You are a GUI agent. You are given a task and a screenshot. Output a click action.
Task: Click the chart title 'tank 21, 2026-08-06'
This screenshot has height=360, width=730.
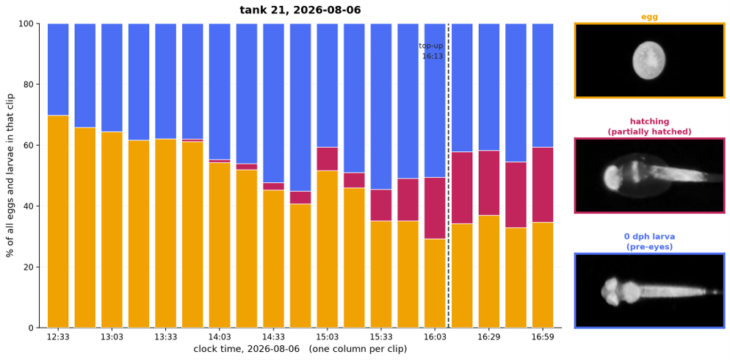tap(300, 10)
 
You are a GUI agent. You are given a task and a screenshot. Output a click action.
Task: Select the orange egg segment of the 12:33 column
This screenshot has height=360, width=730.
tap(58, 222)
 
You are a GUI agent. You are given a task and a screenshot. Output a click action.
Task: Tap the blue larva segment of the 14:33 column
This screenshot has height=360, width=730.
tap(273, 103)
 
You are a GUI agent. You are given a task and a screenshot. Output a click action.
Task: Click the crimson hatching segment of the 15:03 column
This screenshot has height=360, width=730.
tap(328, 159)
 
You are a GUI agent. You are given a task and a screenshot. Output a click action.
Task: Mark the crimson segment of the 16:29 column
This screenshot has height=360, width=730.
tap(489, 183)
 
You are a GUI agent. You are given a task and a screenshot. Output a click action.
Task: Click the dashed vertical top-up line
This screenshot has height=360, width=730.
tap(448, 176)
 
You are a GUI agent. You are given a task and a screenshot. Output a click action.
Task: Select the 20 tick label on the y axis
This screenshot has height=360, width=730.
tap(29, 267)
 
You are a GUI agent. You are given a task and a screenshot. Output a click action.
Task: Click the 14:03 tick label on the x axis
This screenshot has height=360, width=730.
tap(220, 337)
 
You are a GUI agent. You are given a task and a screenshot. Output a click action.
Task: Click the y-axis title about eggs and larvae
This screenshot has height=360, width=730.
tap(10, 176)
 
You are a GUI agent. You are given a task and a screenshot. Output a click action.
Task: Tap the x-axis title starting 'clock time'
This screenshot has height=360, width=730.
tap(300, 349)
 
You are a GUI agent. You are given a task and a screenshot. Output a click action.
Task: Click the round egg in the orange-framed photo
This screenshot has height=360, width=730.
tap(648, 60)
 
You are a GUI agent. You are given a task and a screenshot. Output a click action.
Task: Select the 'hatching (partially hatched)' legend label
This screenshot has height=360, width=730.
tap(649, 126)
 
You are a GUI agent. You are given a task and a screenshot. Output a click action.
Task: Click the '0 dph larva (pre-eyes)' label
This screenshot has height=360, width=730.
tap(649, 242)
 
